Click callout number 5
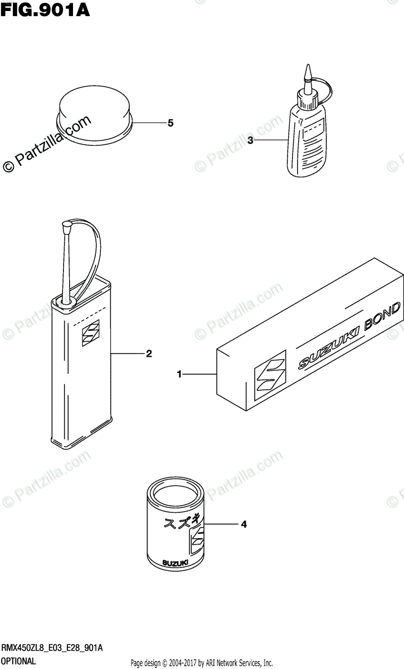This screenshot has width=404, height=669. [171, 123]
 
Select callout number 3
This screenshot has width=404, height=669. [250, 141]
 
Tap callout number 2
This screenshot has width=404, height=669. [149, 353]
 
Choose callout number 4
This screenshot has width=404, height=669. [244, 524]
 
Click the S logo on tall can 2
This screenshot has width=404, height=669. [89, 334]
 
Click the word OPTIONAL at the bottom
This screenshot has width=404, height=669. [19, 661]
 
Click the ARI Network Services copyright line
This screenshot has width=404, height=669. [201, 663]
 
